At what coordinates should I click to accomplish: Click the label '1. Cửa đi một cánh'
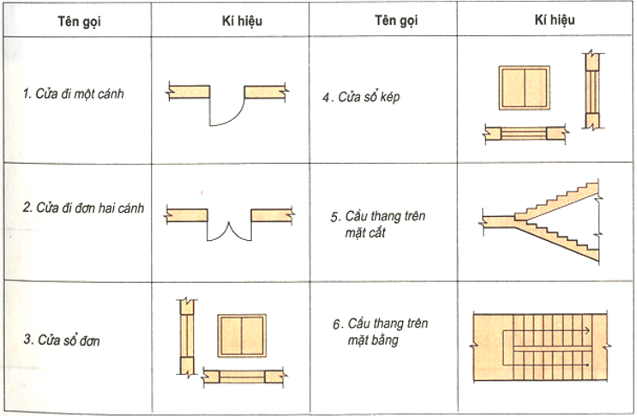pyautogui.click(x=74, y=93)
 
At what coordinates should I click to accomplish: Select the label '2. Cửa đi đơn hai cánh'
pyautogui.click(x=84, y=208)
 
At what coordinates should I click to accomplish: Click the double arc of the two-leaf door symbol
pyautogui.click(x=229, y=229)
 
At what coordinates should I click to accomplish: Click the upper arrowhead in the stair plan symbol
pyautogui.click(x=586, y=328)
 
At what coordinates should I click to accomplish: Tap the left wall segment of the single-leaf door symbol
pyautogui.click(x=189, y=91)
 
